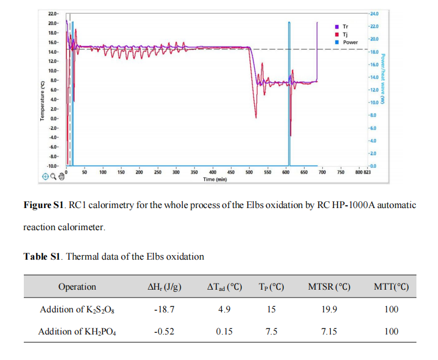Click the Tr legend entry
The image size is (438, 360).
(346, 27)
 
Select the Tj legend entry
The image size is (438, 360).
(345, 34)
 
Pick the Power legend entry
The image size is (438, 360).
(349, 42)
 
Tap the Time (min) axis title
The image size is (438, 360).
(214, 179)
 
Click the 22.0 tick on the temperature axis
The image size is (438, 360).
(52, 13)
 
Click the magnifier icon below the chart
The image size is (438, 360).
(54, 176)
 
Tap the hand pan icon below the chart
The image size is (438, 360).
(62, 176)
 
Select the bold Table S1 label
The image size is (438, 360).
(42, 256)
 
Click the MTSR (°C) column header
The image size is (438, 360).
(329, 287)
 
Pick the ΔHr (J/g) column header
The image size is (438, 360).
(164, 287)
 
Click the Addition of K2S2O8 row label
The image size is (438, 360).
(77, 310)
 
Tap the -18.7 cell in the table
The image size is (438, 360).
(164, 310)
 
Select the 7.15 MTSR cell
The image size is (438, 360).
(329, 332)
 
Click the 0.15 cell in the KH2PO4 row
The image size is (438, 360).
(225, 332)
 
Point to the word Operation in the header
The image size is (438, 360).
(77, 287)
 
